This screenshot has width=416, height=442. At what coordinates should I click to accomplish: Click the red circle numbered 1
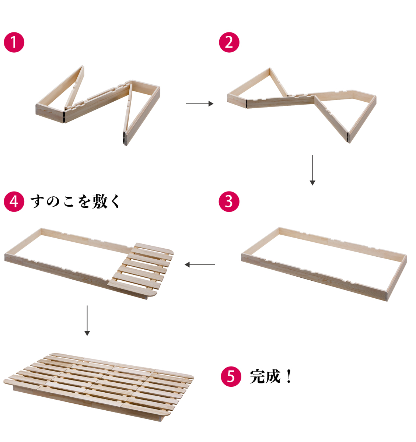point(14,42)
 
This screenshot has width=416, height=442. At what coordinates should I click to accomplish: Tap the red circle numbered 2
point(229,42)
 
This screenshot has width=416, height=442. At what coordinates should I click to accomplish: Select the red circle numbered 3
point(229,201)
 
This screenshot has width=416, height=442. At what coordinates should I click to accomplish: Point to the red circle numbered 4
point(14,201)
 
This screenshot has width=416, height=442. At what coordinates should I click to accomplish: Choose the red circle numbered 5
point(231,376)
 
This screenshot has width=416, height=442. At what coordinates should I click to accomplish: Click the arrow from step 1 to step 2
point(200,104)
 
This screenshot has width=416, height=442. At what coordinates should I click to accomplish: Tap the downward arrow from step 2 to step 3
point(312,170)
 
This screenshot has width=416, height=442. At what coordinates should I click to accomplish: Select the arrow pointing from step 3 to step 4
point(200,264)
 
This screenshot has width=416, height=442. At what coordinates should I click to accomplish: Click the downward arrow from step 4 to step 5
point(87,320)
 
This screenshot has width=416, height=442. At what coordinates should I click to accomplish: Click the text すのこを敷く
point(75,201)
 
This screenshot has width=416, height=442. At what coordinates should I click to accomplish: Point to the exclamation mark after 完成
point(289,376)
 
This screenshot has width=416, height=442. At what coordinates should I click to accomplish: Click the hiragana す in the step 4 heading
point(37,201)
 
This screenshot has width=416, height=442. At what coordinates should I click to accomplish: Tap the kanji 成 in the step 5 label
point(273,376)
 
